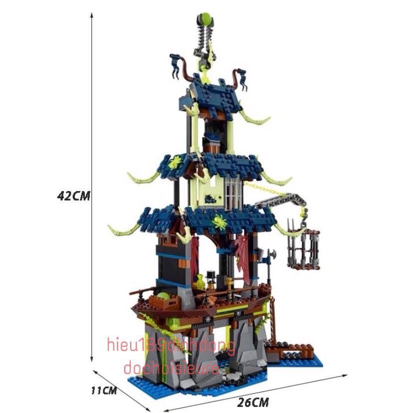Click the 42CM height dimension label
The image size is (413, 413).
[x=74, y=196]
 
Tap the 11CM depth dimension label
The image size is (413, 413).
[x=104, y=391]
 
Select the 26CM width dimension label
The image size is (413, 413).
[x=253, y=402]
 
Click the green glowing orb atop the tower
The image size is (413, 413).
[x=206, y=18]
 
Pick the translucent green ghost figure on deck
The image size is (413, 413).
[x=201, y=280]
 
